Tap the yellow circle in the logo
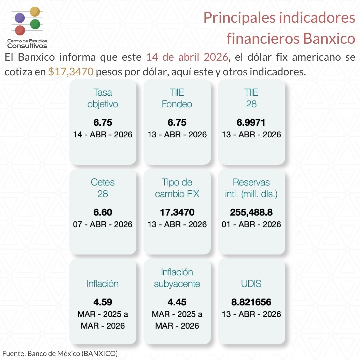point(35,12)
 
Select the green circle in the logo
point(35,24)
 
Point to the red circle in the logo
point(20,30)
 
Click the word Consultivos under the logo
point(27,46)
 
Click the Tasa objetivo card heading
point(103,98)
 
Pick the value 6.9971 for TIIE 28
point(251,123)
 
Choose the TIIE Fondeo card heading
point(177,98)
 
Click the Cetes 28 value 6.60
point(103,212)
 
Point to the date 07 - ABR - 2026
point(103,224)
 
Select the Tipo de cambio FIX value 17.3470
point(177,212)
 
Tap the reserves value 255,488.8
point(251,212)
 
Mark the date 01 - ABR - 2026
point(251,224)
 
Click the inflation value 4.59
point(103,302)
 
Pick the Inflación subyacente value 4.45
point(177,302)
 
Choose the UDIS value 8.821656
point(251,302)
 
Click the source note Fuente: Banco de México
point(60,353)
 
